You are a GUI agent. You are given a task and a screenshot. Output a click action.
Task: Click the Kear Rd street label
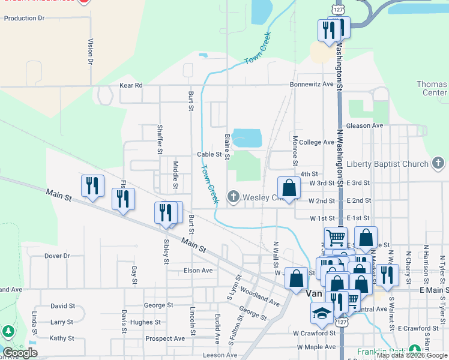click(131, 85)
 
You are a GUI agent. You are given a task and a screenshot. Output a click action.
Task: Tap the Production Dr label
click(25, 18)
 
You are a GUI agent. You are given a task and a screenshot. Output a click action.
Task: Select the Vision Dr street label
click(91, 52)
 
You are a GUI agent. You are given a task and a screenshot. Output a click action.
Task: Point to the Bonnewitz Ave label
click(311, 85)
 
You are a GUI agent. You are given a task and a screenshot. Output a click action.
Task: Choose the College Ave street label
click(316, 142)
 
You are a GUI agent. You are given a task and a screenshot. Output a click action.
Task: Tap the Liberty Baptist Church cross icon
click(438, 164)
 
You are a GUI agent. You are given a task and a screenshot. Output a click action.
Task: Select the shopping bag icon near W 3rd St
click(289, 188)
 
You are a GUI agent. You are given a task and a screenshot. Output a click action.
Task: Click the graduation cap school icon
click(322, 314)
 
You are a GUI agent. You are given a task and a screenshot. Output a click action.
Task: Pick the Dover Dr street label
click(57, 256)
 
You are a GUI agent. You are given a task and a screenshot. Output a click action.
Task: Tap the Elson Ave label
click(198, 271)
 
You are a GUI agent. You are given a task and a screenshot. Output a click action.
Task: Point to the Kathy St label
click(62, 338)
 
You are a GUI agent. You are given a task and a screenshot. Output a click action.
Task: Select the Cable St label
click(209, 154)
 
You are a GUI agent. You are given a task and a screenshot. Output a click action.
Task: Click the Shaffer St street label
click(160, 139)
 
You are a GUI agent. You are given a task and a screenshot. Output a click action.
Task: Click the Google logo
click(20, 353)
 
